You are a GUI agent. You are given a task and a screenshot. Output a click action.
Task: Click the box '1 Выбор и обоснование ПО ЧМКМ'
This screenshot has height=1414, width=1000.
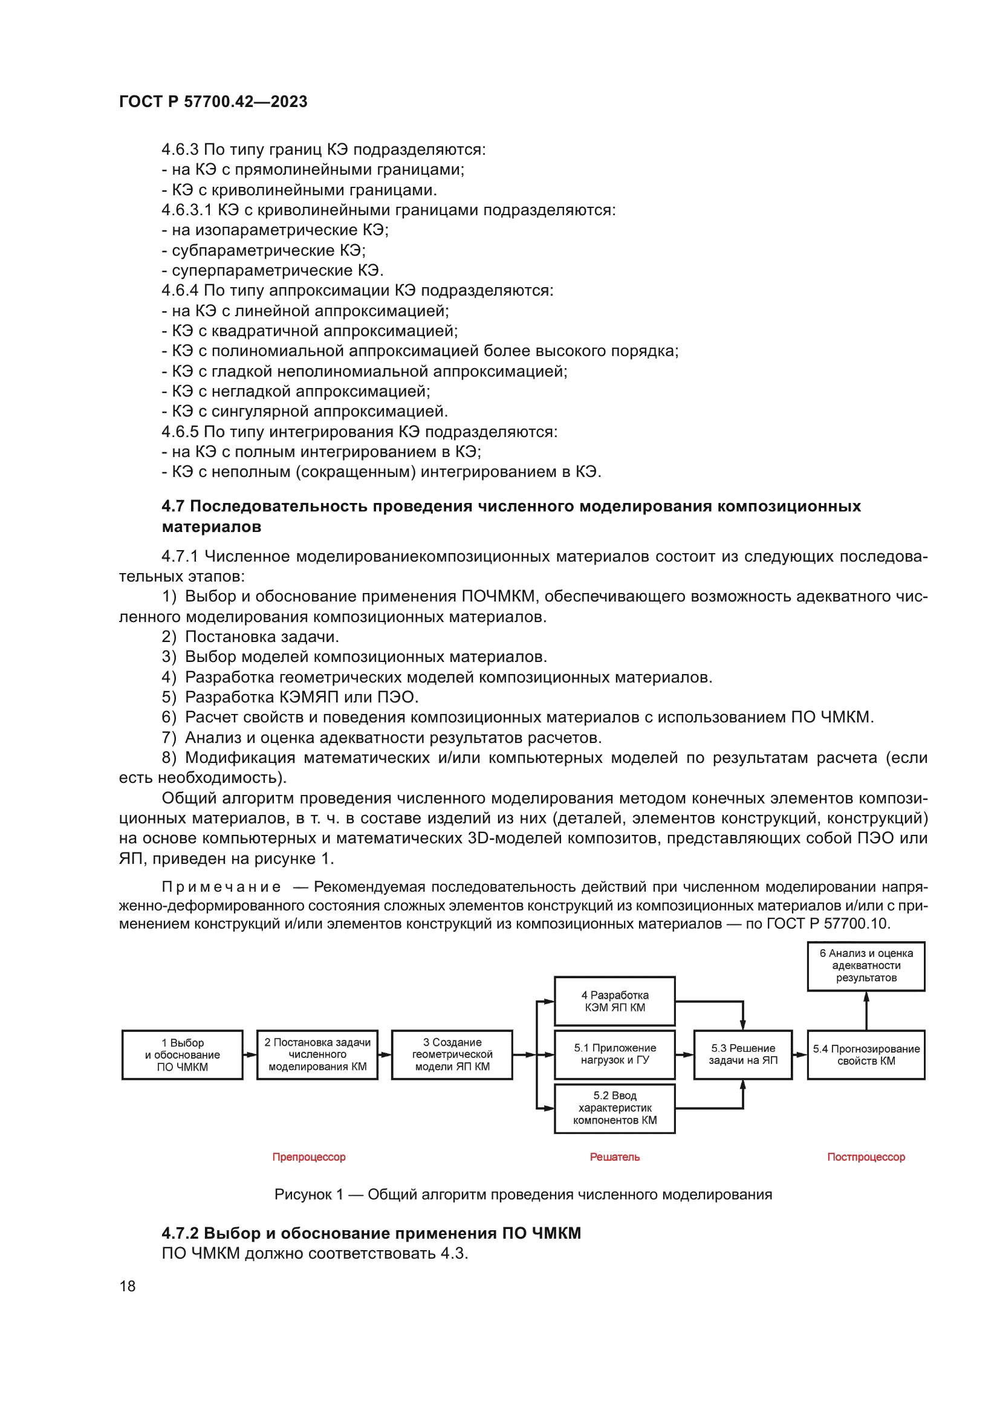click(x=182, y=1054)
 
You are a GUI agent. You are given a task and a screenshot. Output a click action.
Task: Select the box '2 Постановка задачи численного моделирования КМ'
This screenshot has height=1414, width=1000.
click(x=317, y=1054)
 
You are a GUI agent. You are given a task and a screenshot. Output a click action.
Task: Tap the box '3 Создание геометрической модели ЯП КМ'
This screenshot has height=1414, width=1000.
click(x=452, y=1054)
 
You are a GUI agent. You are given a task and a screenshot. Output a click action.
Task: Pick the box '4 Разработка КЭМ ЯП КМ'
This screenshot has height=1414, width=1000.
click(x=614, y=1001)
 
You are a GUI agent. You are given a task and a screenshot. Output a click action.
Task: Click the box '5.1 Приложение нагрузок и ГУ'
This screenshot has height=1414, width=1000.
click(x=614, y=1054)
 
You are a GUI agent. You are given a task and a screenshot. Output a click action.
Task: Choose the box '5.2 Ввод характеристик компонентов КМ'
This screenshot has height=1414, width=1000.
click(x=614, y=1108)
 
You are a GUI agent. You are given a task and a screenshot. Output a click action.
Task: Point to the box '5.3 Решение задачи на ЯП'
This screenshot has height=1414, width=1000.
click(x=742, y=1054)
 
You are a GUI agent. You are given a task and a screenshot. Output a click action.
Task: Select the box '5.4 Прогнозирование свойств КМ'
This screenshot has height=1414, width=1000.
click(x=866, y=1054)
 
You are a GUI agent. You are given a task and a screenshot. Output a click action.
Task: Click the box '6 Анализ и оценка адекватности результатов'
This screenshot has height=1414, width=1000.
click(x=866, y=965)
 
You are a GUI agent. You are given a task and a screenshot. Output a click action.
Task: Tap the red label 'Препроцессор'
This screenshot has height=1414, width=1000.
click(x=309, y=1156)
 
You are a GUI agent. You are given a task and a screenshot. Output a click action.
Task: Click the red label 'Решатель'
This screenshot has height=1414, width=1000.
click(x=614, y=1156)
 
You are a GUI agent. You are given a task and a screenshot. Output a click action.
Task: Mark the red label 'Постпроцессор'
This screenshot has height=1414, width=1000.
click(x=866, y=1156)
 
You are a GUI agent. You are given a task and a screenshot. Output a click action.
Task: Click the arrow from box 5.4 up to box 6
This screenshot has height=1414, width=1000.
click(x=866, y=1011)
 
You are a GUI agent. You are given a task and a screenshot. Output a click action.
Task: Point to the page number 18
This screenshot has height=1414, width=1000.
click(x=128, y=1286)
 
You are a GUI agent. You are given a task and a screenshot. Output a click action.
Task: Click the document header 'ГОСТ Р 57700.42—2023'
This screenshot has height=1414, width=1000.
click(x=213, y=102)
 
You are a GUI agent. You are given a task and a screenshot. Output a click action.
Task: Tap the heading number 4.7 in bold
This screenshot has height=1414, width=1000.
click(x=173, y=506)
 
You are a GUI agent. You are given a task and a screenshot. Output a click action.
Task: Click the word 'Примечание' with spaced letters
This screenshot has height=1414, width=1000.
click(x=221, y=887)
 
